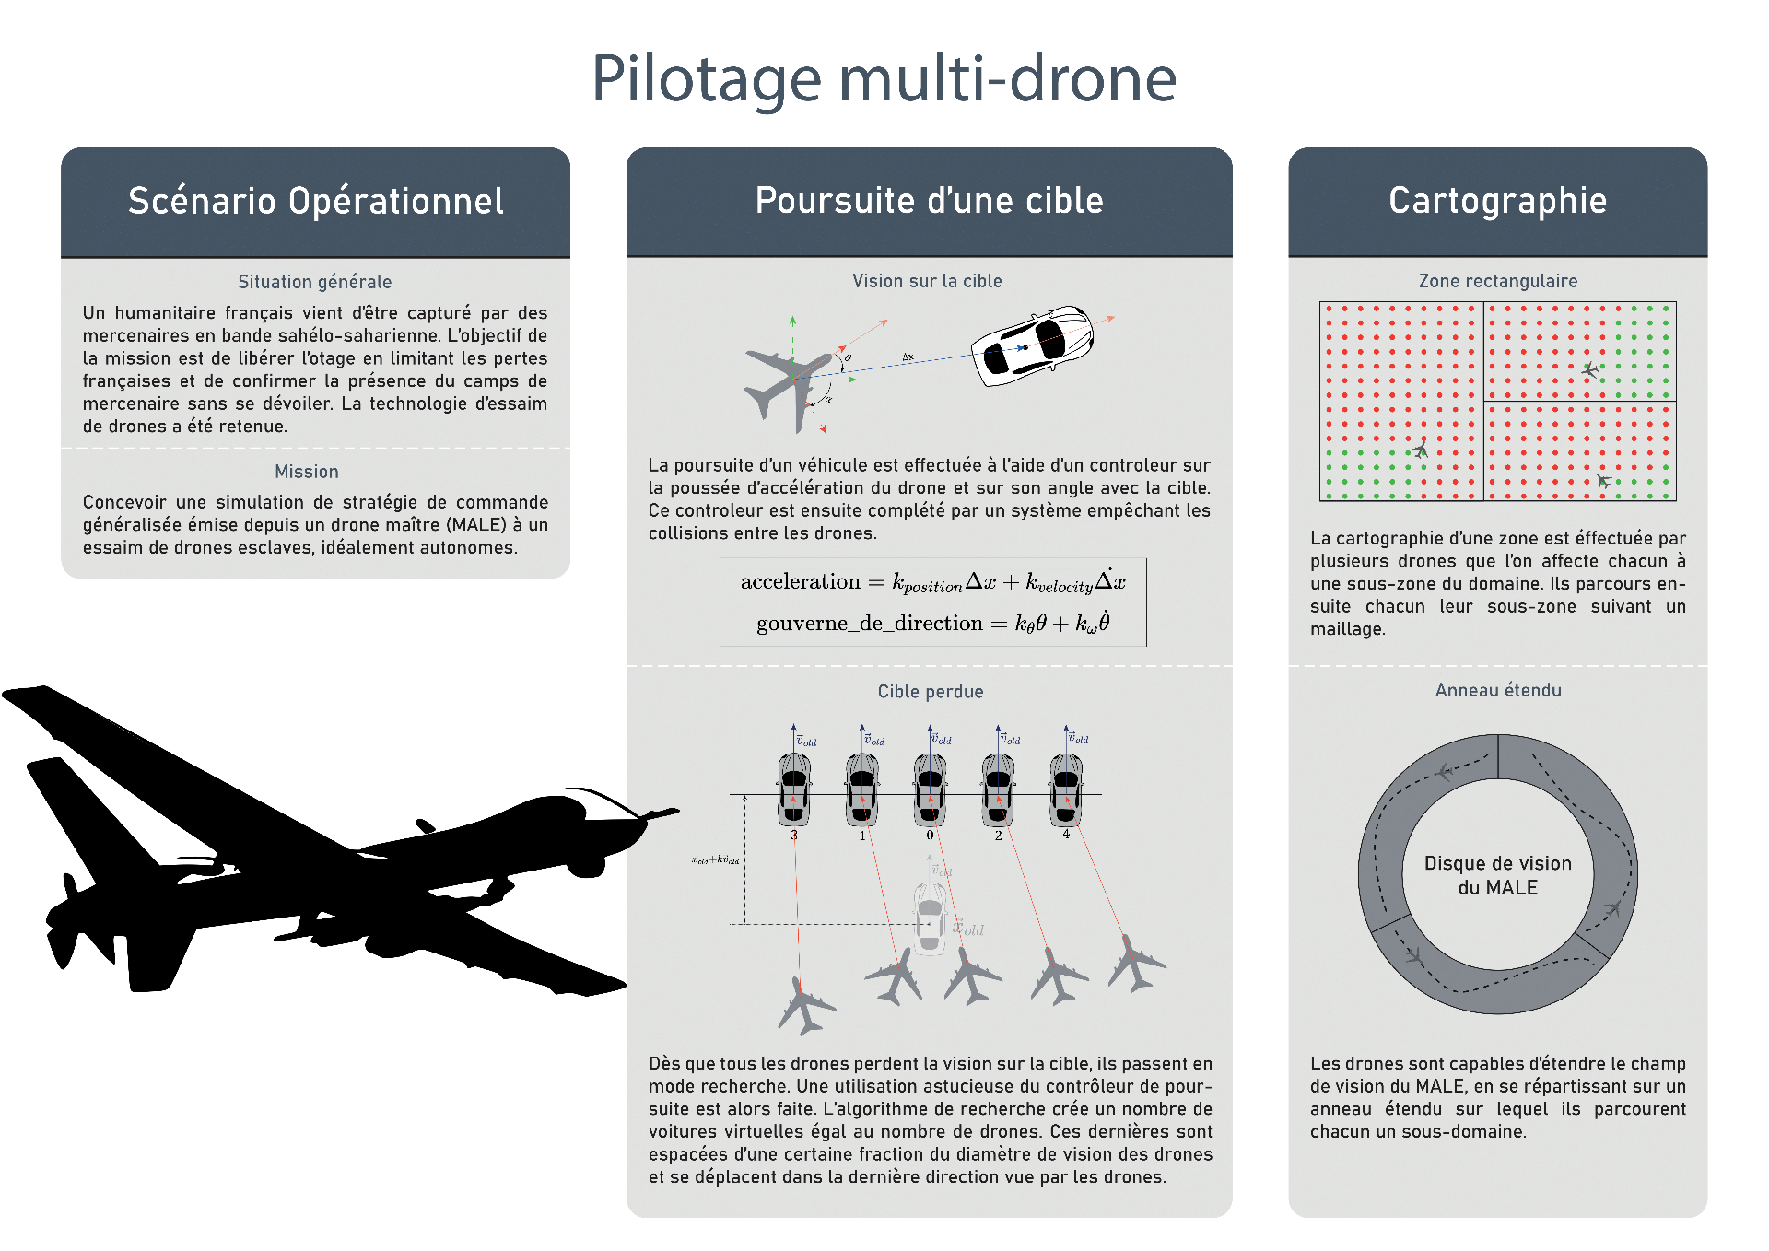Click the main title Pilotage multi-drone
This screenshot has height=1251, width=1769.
[x=884, y=79]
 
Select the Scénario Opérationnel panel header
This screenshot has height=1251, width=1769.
[x=315, y=201]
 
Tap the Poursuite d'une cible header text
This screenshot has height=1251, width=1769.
[x=929, y=201]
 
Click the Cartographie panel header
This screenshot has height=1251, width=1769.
[x=1497, y=201]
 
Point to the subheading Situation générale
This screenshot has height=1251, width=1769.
[x=314, y=282]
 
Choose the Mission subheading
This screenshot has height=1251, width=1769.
[x=306, y=472]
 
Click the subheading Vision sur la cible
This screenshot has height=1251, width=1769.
[x=927, y=281]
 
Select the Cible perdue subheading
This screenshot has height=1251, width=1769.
[x=930, y=692]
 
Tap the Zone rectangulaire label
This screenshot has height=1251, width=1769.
[x=1497, y=281]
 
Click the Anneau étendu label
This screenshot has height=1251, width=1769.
[x=1497, y=690]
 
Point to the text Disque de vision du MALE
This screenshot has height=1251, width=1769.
[x=1497, y=875]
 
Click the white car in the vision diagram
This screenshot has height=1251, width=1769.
[x=1032, y=345]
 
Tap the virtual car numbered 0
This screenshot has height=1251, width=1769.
[x=930, y=789]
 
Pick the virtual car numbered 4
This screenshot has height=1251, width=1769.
[x=1066, y=789]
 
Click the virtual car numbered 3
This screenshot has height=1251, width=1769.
[x=794, y=789]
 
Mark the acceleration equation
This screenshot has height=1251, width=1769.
[x=932, y=582]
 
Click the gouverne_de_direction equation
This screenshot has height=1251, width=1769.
[x=932, y=624]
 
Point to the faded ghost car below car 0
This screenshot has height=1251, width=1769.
[x=930, y=918]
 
